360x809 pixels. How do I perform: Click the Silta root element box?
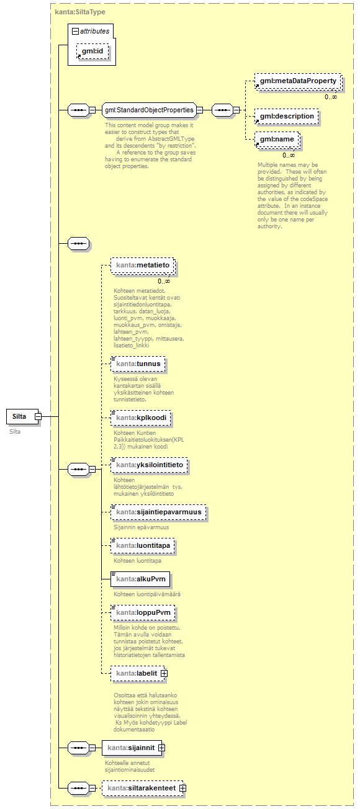[20, 417]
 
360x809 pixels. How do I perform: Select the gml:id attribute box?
[92, 51]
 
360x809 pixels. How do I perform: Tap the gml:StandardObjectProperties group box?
[149, 110]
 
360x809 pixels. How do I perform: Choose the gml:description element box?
[287, 116]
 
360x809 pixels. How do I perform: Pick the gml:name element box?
[277, 140]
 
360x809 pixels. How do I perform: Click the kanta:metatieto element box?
[142, 266]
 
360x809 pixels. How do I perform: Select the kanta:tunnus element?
[138, 364]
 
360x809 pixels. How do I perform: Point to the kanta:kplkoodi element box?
[140, 418]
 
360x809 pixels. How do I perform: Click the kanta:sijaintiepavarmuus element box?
[158, 512]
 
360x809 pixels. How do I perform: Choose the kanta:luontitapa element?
[143, 546]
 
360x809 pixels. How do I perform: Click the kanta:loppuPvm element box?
[142, 613]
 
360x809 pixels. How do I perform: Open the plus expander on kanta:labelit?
[164, 673]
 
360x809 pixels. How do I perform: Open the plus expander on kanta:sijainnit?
[161, 748]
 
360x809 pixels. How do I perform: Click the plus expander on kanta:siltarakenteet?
[182, 788]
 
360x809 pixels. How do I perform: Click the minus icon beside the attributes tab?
[75, 30]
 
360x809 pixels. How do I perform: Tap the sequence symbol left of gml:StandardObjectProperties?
[78, 110]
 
